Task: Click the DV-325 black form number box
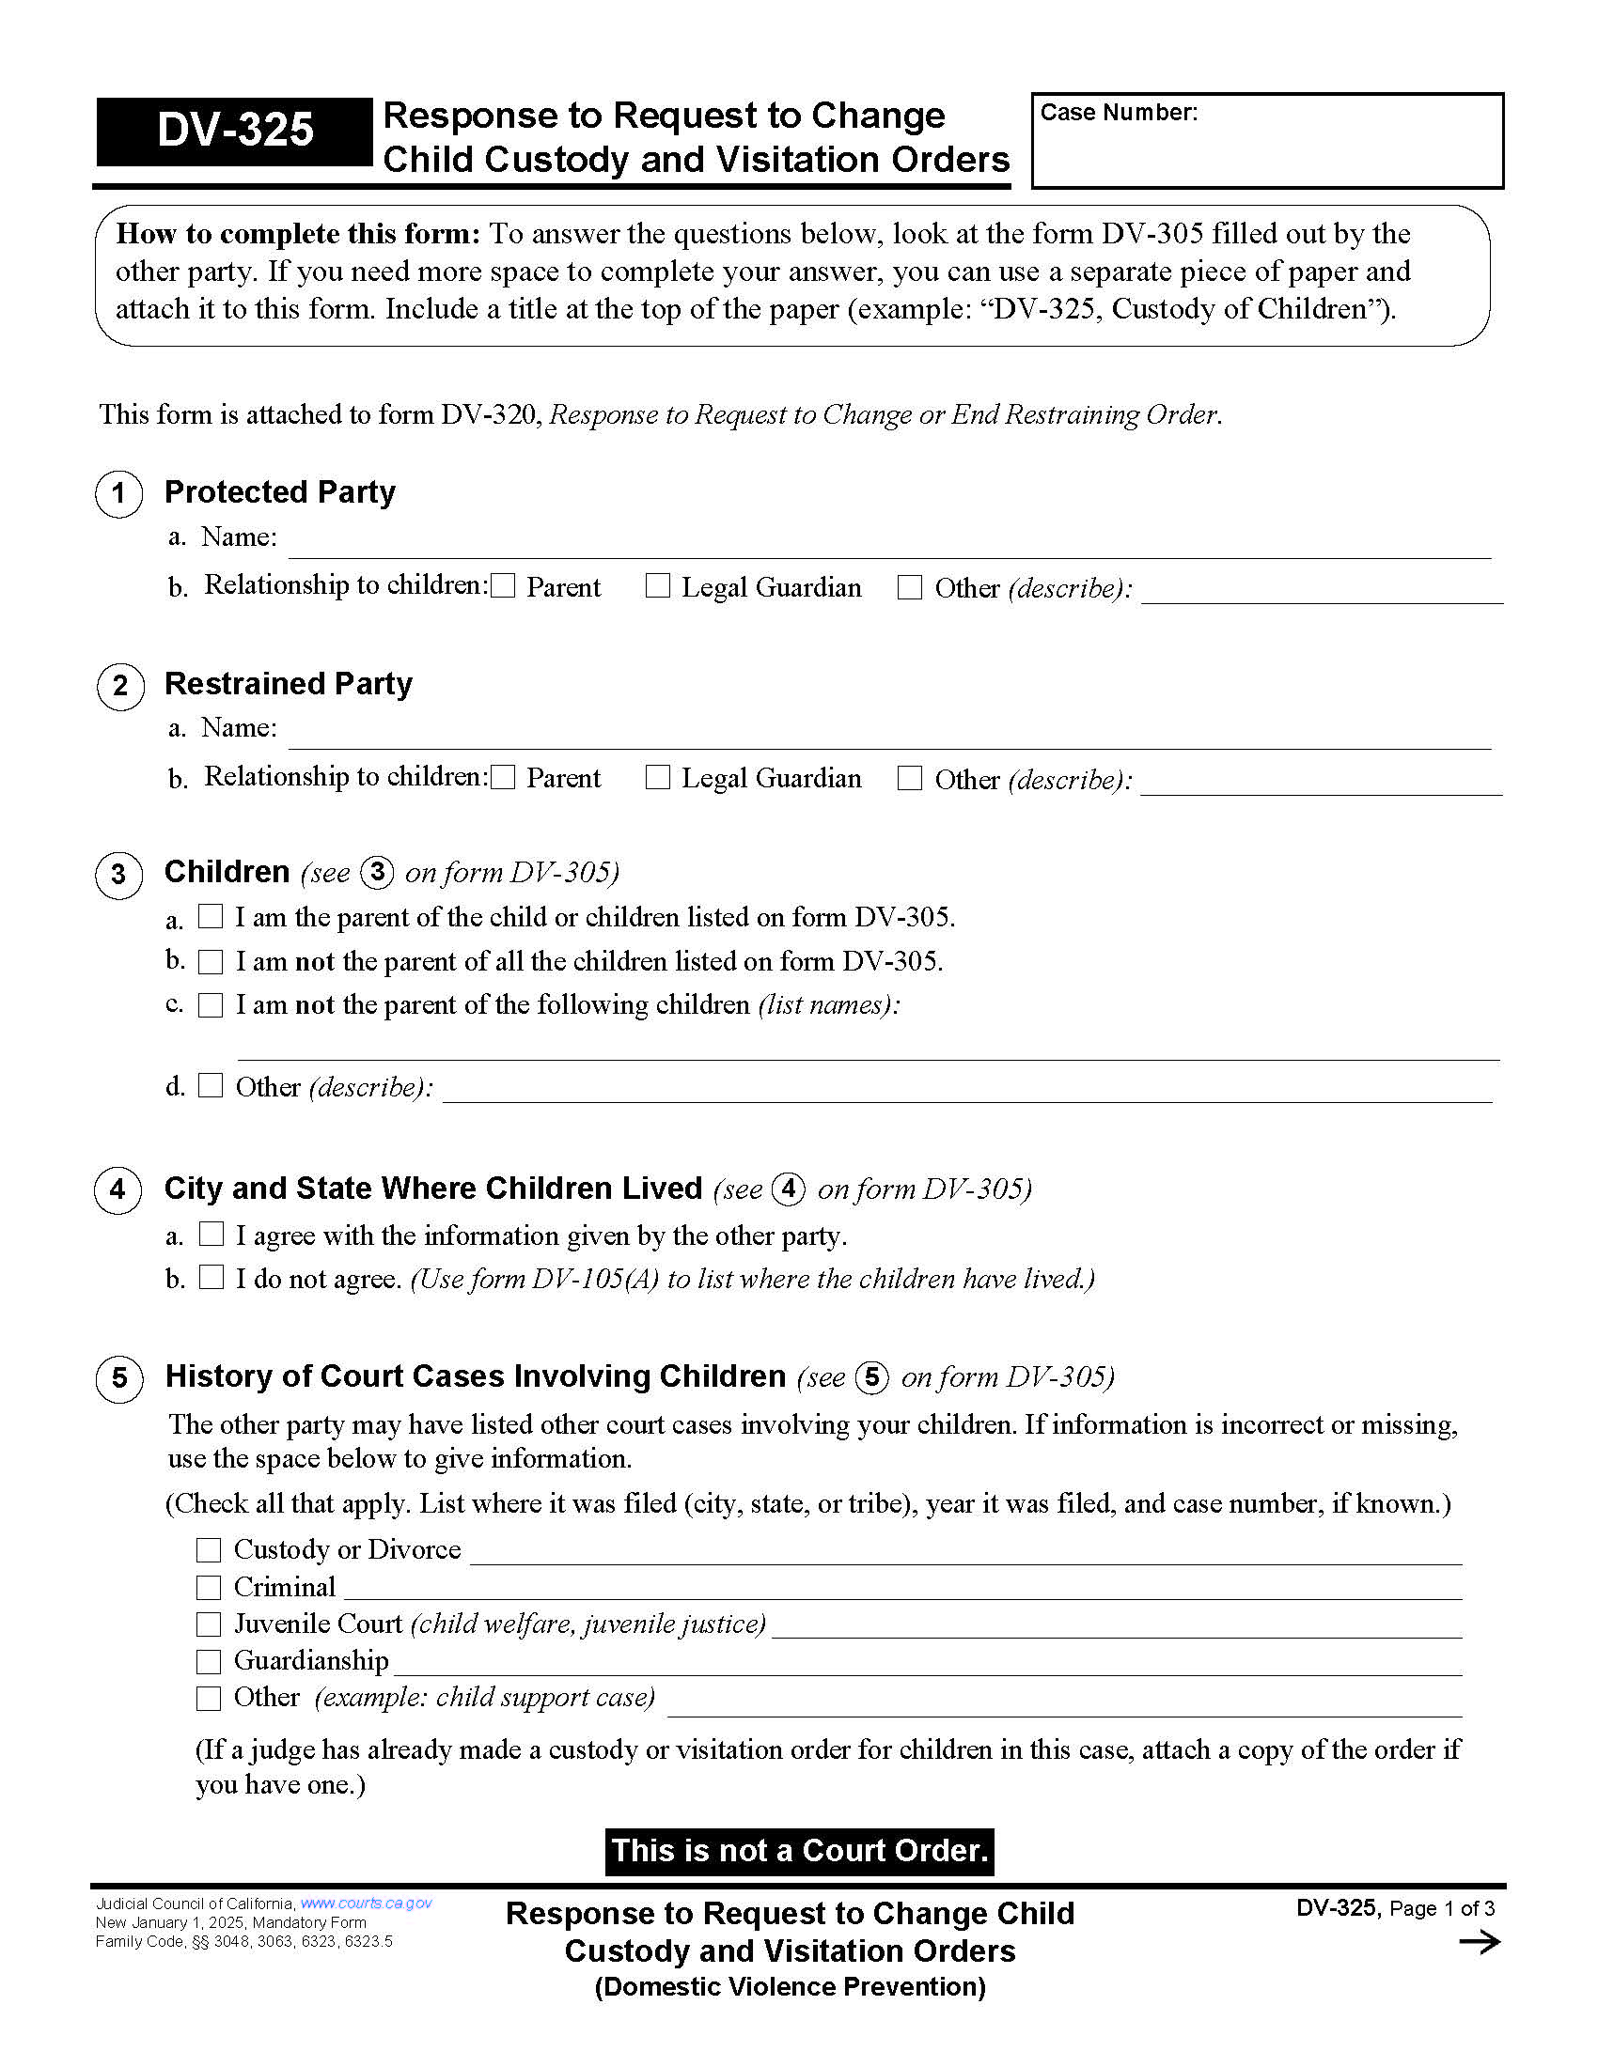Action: coord(234,131)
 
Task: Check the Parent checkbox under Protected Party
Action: coord(504,587)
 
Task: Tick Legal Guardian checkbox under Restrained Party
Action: coord(657,778)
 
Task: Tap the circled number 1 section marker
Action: coord(119,493)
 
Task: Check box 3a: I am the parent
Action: coord(211,916)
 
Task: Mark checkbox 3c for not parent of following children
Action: coord(211,1005)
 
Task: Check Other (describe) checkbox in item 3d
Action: coord(211,1085)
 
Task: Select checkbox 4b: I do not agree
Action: coord(211,1278)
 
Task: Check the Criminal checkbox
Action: coord(209,1587)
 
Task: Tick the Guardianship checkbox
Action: coord(209,1661)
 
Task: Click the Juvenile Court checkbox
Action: coord(209,1624)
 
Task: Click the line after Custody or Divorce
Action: coord(965,1552)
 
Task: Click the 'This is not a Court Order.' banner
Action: coord(799,1851)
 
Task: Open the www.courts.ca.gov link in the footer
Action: coord(366,1904)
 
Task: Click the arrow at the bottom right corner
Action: coord(1479,1943)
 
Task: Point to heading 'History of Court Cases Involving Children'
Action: coord(476,1376)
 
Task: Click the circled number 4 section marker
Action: coord(118,1189)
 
